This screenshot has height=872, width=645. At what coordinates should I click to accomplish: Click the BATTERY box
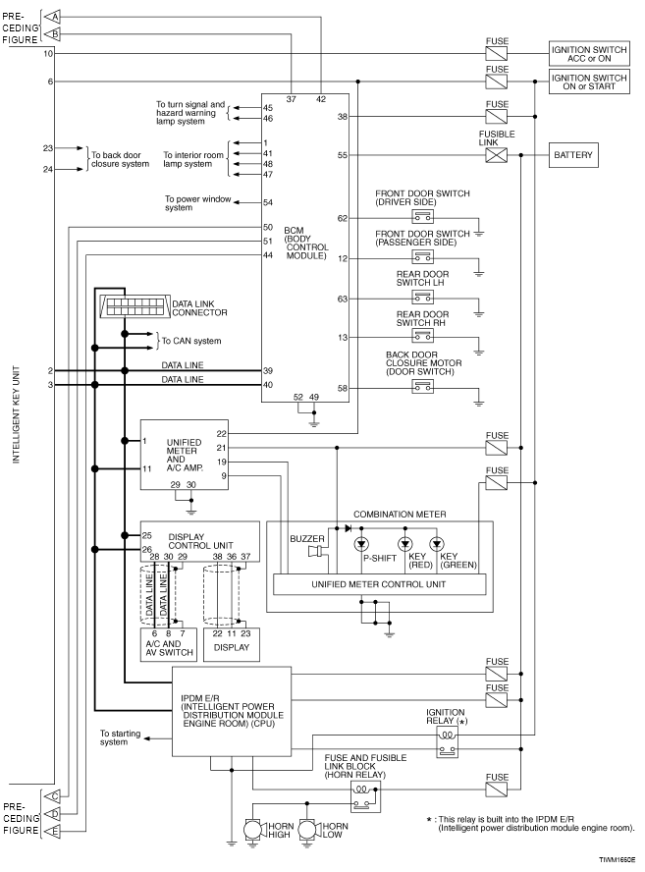[573, 155]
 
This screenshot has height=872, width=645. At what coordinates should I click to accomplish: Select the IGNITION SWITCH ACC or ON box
[589, 54]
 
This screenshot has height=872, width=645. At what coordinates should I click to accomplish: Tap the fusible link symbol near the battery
[496, 155]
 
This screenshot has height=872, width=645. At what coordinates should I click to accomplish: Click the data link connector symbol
[134, 305]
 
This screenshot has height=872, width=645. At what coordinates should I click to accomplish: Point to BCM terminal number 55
[343, 155]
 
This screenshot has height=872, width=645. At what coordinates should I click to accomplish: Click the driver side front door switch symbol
[422, 216]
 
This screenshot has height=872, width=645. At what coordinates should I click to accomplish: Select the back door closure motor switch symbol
[422, 386]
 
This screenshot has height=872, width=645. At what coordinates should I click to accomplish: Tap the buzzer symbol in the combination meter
[316, 551]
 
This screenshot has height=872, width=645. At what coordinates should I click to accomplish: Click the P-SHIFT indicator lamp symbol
[361, 543]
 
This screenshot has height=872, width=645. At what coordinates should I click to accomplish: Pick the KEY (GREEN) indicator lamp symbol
[437, 543]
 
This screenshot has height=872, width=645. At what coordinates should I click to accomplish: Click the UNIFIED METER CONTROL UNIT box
[379, 584]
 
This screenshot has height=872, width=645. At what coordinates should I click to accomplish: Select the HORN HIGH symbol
[253, 831]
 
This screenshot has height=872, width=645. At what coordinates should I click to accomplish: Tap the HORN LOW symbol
[308, 831]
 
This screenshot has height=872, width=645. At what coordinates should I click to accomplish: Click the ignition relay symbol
[447, 742]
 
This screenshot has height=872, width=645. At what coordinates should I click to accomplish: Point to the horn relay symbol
[365, 796]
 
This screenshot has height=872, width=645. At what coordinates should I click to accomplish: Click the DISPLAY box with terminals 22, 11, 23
[232, 644]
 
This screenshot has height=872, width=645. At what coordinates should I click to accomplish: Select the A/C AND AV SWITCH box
[169, 644]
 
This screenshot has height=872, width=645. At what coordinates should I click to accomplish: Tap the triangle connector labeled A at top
[52, 17]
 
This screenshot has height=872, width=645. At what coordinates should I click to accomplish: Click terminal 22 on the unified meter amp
[221, 434]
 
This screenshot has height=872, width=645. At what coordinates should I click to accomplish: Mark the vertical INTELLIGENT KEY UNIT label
[16, 414]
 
